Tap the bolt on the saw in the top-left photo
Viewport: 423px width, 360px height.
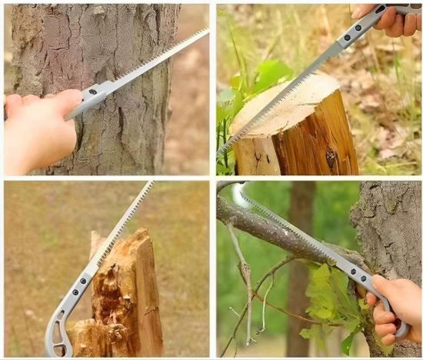[x=93, y=92]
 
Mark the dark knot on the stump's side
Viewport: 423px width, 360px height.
[x=331, y=158]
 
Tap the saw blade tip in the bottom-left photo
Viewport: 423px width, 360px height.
[x=152, y=183]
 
